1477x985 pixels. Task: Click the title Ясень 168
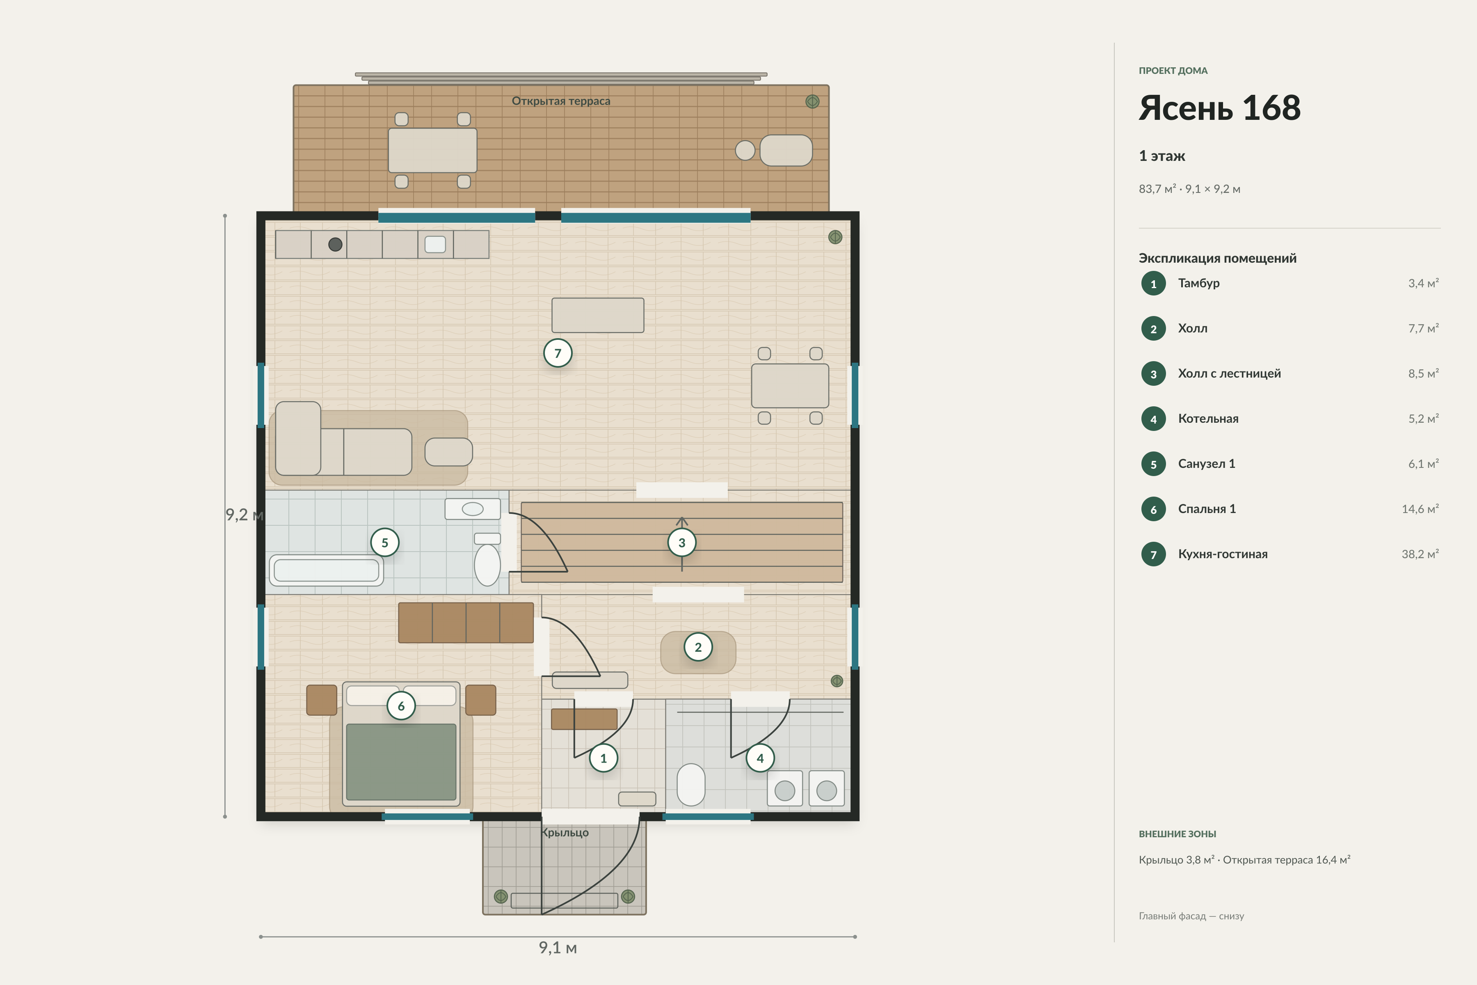click(x=1219, y=108)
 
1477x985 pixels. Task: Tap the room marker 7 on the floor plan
click(x=558, y=353)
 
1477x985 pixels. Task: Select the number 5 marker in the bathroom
click(x=385, y=542)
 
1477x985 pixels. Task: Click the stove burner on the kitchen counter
click(x=335, y=244)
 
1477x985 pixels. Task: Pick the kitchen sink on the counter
click(x=435, y=244)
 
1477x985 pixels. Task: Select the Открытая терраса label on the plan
click(x=561, y=101)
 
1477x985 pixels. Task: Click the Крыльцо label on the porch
click(x=565, y=832)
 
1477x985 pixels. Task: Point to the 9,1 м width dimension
click(x=558, y=947)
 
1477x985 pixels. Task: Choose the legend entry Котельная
click(x=1208, y=418)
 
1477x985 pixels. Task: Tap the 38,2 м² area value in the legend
click(x=1420, y=554)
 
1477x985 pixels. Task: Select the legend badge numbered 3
click(x=1154, y=374)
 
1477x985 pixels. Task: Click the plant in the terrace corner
click(x=812, y=102)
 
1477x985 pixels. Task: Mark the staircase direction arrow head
click(x=682, y=521)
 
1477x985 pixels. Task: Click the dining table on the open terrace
click(x=433, y=150)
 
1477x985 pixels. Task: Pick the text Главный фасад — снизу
click(x=1191, y=916)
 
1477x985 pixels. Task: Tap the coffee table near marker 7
click(x=598, y=315)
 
